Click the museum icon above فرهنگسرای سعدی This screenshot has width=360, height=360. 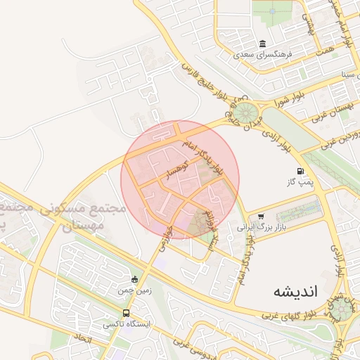pos(262,44)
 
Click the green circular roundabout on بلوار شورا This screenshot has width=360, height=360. pos(247,112)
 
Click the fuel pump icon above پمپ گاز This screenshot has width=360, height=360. pos(300,171)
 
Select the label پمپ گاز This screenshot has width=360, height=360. pos(299,182)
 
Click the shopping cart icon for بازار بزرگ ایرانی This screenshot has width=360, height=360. pos(261,217)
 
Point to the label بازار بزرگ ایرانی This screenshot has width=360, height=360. pos(253,227)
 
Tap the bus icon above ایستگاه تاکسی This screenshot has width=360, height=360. pos(126,313)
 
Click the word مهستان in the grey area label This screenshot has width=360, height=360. pos(84,225)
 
